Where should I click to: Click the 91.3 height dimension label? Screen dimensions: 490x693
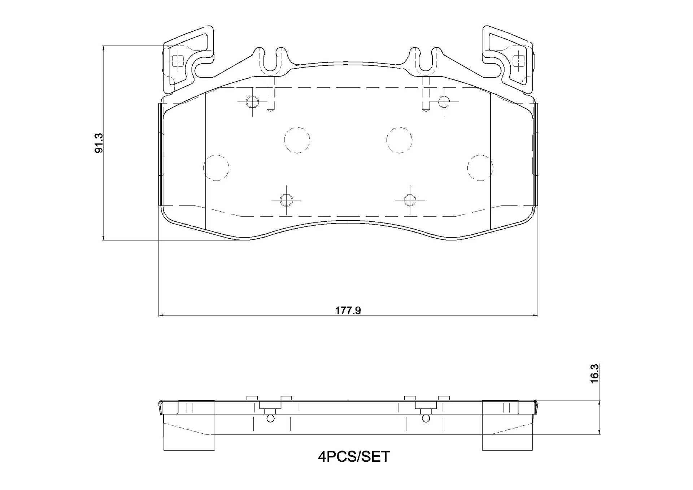click(99, 143)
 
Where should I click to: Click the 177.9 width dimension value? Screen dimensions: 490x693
click(348, 311)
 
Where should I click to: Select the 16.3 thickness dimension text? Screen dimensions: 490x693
click(594, 373)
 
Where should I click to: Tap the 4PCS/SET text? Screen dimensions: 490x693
click(354, 457)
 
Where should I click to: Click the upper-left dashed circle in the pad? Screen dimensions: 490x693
click(297, 140)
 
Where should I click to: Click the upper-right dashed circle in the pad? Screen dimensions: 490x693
click(399, 140)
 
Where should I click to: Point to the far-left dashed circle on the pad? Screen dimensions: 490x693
click(216, 168)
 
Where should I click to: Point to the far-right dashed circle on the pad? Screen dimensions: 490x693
click(480, 168)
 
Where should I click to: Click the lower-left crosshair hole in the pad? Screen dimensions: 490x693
click(286, 199)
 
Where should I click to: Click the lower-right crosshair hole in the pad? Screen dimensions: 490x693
click(410, 199)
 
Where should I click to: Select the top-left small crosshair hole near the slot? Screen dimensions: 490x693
click(252, 102)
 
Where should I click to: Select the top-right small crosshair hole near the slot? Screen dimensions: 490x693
click(444, 102)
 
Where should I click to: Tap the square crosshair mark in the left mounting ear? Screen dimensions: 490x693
click(178, 61)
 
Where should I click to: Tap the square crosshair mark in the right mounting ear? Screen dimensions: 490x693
click(519, 61)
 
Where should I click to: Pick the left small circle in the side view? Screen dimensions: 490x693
click(270, 419)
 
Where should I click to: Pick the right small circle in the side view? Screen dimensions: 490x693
click(426, 419)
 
